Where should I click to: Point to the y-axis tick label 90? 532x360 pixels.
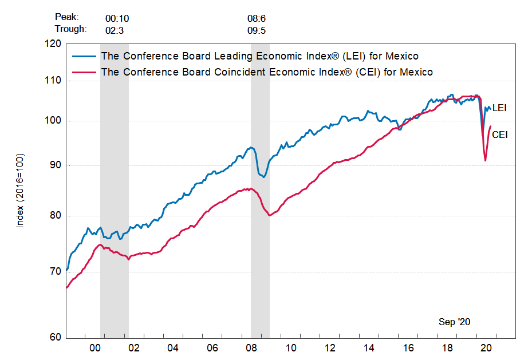pyautogui.click(x=56, y=165)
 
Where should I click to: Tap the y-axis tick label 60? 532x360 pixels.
pyautogui.click(x=56, y=337)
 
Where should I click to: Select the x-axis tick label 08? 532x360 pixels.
pyautogui.click(x=251, y=347)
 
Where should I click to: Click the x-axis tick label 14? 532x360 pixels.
pyautogui.click(x=369, y=347)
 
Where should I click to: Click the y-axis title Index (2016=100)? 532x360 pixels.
pyautogui.click(x=20, y=191)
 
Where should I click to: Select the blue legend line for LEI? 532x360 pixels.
pyautogui.click(x=84, y=56)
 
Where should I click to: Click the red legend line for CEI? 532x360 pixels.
pyautogui.click(x=84, y=72)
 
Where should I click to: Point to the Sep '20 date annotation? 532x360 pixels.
pyautogui.click(x=454, y=322)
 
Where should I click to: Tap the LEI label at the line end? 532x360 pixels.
pyautogui.click(x=499, y=108)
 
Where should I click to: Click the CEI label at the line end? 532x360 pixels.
pyautogui.click(x=500, y=134)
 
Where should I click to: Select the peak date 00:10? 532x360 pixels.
pyautogui.click(x=117, y=18)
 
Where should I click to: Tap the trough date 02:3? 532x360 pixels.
pyautogui.click(x=115, y=29)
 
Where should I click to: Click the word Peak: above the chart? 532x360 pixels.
pyautogui.click(x=68, y=18)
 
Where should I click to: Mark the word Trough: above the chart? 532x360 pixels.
pyautogui.click(x=71, y=29)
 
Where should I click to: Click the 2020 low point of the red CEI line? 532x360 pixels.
pyautogui.click(x=485, y=160)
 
